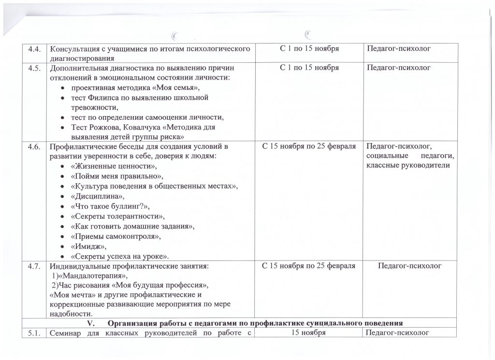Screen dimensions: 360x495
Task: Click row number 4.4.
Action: [33, 49]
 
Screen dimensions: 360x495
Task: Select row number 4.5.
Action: [33, 68]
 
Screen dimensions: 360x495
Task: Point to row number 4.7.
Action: [33, 265]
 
